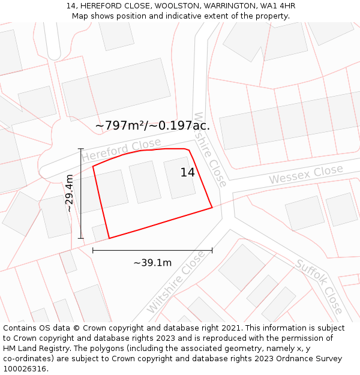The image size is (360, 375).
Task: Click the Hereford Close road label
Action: pyautogui.click(x=122, y=150)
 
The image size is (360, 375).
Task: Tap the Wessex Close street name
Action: pyautogui.click(x=305, y=175)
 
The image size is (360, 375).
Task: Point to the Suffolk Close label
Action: pyautogui.click(x=319, y=286)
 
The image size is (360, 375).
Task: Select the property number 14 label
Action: pyautogui.click(x=188, y=173)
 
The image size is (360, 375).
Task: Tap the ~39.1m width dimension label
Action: pyautogui.click(x=152, y=263)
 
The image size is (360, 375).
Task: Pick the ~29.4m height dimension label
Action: pyautogui.click(x=70, y=193)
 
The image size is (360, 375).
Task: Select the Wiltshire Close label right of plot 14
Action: pyautogui.click(x=211, y=149)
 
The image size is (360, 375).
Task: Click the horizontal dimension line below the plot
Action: pyautogui.click(x=152, y=250)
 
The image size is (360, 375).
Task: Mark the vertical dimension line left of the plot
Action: pyautogui.click(x=81, y=193)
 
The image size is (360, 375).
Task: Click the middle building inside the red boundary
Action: pyautogui.click(x=145, y=182)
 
